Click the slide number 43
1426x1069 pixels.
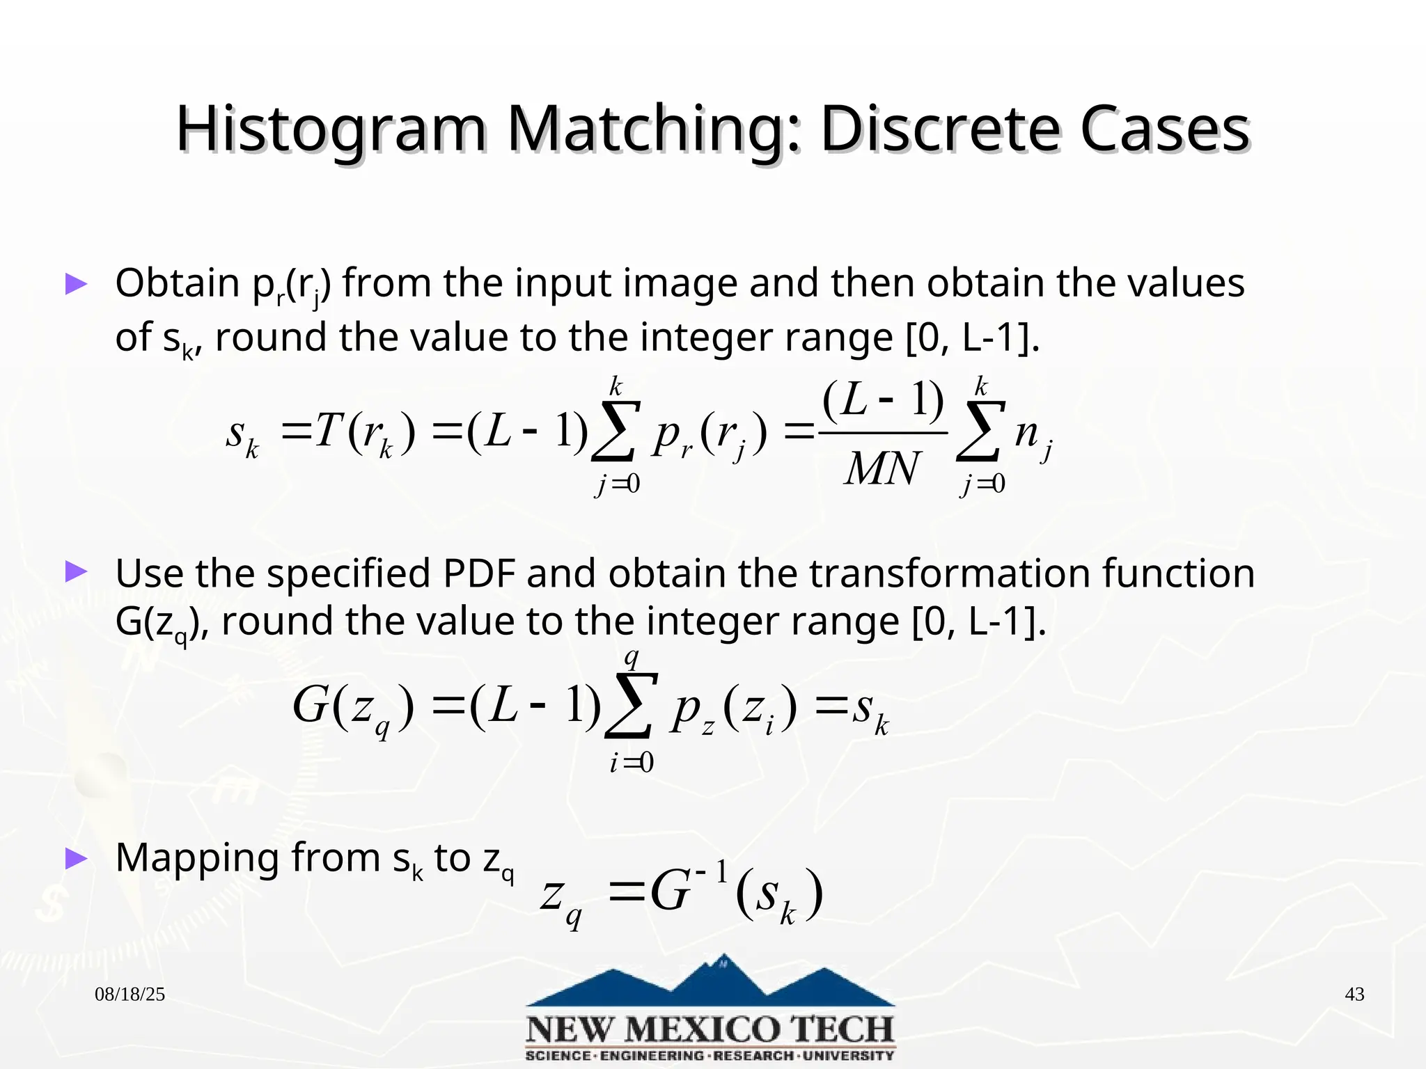(x=1354, y=994)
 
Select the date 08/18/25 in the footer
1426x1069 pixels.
(x=130, y=994)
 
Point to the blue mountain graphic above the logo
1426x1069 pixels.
(x=710, y=982)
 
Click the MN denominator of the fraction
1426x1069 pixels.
(x=882, y=469)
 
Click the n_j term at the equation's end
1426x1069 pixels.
(x=1033, y=435)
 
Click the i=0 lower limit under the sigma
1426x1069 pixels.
(x=632, y=763)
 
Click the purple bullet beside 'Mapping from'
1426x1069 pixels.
(x=76, y=859)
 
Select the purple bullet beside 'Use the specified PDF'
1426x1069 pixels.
(x=76, y=572)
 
